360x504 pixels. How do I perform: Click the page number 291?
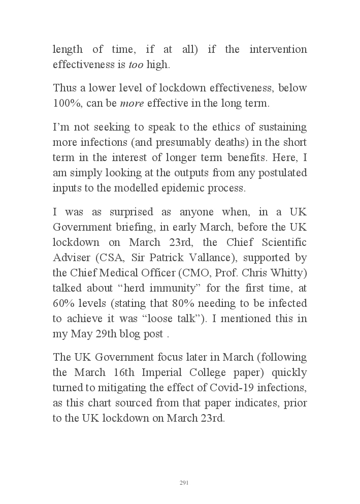(184, 483)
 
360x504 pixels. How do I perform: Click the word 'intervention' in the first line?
(277, 49)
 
